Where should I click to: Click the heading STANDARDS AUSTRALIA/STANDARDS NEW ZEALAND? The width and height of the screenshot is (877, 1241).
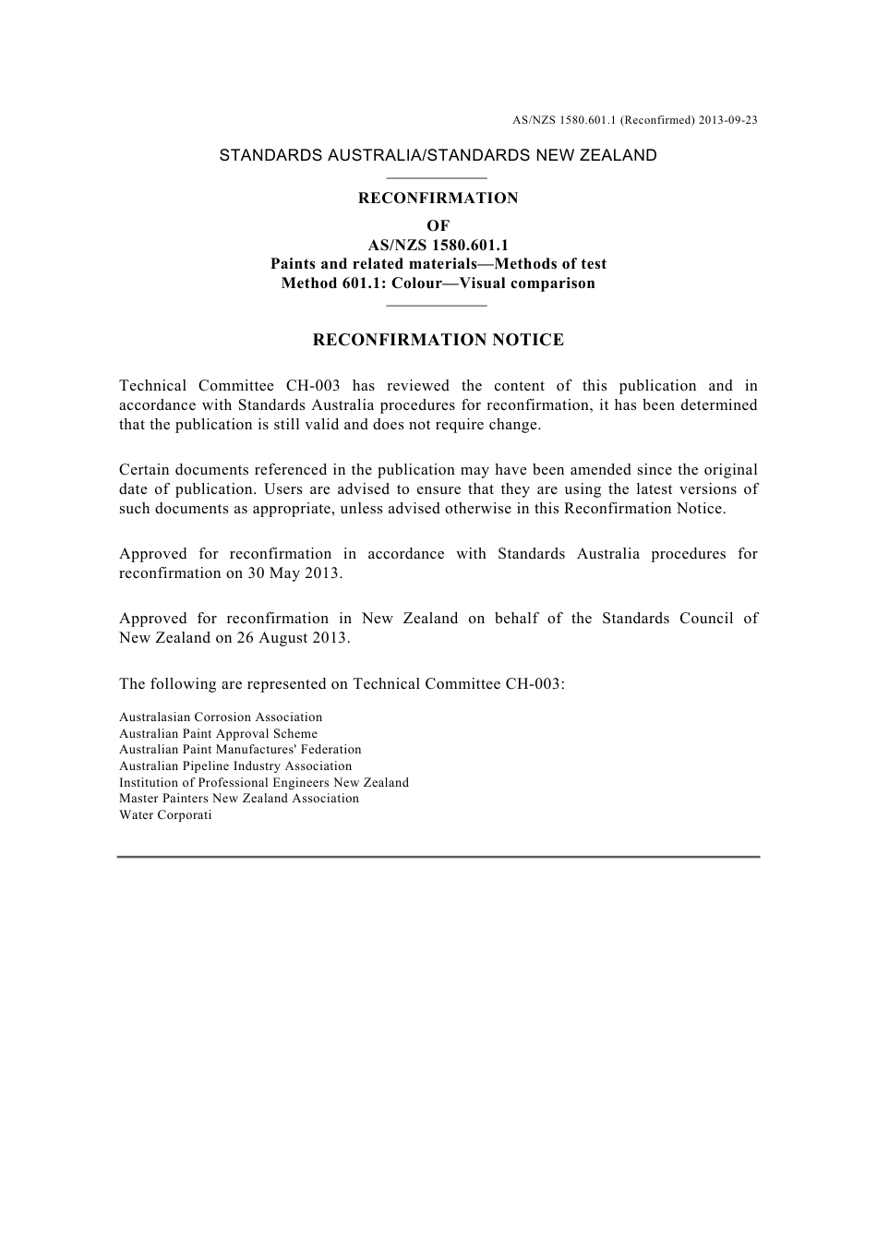coord(438,155)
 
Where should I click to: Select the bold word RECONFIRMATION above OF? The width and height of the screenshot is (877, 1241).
coord(438,198)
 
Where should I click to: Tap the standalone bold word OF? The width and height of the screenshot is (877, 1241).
coord(438,226)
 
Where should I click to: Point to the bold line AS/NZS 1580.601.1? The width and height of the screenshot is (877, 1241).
coord(438,246)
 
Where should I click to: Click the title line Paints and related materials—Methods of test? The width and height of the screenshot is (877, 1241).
coord(438,264)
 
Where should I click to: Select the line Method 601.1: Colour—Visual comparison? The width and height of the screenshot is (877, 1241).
coord(438,283)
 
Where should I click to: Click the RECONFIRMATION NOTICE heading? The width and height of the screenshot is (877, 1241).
coord(438,340)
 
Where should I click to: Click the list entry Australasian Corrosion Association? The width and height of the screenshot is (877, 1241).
coord(221,717)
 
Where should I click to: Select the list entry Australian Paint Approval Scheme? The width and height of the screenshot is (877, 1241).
coord(218,734)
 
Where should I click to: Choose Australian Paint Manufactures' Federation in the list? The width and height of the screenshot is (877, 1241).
coord(240,750)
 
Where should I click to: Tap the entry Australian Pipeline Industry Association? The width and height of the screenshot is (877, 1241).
coord(235,766)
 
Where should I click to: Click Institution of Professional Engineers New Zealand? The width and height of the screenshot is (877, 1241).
coord(263,783)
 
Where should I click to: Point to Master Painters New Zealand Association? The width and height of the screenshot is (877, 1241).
coord(238,799)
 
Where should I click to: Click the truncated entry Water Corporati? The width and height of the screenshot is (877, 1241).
coord(165,815)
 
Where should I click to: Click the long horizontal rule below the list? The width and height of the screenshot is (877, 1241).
coord(438,857)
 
